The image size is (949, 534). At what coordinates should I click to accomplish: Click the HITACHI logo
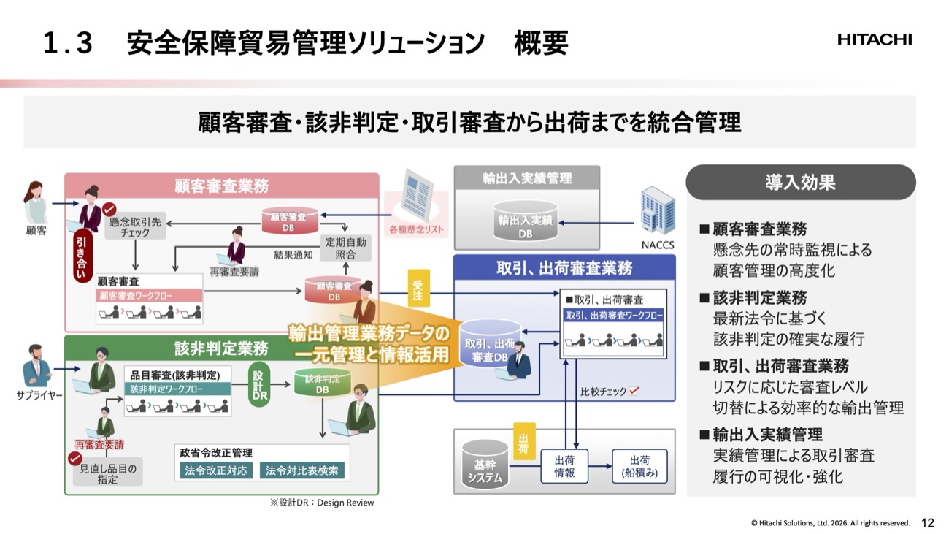(x=875, y=40)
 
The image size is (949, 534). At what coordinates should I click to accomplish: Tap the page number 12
(x=928, y=523)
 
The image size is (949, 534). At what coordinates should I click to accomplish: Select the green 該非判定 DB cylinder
(x=322, y=384)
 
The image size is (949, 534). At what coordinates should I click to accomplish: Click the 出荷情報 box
(x=564, y=466)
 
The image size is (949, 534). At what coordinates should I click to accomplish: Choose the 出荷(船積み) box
(x=639, y=466)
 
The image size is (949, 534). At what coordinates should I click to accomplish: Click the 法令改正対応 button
(x=217, y=470)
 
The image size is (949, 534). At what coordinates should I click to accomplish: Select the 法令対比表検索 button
(x=302, y=470)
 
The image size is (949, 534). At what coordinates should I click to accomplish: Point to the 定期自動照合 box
(x=345, y=248)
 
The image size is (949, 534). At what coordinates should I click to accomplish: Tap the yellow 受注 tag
(x=418, y=289)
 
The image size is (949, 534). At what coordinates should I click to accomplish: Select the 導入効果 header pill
(x=800, y=182)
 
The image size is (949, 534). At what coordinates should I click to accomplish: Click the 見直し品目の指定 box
(x=108, y=473)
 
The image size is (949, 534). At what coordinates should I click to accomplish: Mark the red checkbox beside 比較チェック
(x=634, y=392)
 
